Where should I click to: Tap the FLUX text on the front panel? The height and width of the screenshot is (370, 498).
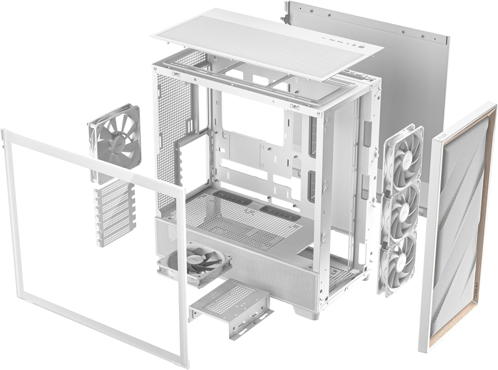point(442,136)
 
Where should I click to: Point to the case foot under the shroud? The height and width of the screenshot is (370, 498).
point(303,310)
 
